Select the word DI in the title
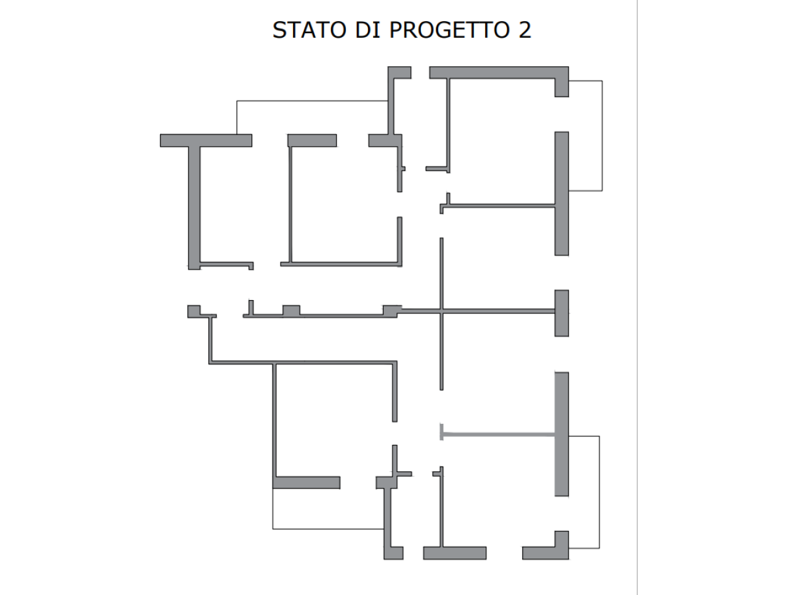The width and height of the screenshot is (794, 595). [368, 30]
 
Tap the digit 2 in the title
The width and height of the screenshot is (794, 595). [525, 29]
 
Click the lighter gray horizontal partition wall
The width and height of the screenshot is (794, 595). [498, 434]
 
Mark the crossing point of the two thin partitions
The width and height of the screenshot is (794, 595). [441, 311]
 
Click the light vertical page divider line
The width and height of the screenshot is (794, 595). [637, 297]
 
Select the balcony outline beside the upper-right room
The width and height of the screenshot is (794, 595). [602, 136]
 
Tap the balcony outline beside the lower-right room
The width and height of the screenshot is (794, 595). [599, 492]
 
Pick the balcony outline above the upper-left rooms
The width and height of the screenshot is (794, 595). [312, 100]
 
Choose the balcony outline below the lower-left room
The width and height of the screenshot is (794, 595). [328, 529]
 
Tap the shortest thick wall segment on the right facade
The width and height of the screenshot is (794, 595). [561, 313]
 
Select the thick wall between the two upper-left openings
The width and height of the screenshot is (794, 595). [312, 141]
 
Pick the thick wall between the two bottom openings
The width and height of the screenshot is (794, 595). [455, 553]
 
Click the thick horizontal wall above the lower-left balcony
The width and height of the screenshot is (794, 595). [306, 483]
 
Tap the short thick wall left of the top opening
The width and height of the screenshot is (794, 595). [400, 73]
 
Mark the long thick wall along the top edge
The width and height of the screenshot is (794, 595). [499, 72]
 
